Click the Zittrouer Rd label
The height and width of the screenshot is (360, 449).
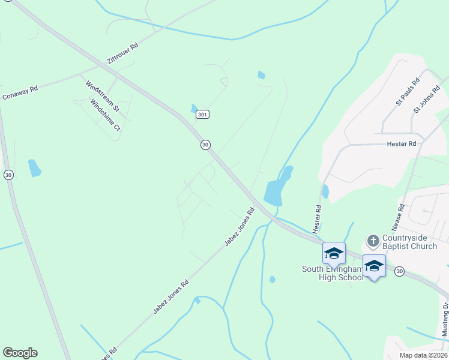coord(122,54)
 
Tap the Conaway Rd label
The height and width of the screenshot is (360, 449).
coord(20,92)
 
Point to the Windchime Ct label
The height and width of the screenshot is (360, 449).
coord(106,116)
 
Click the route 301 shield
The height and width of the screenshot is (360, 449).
coord(203,114)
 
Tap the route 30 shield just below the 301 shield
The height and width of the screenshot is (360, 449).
coord(205,145)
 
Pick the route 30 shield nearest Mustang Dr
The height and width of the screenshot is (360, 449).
coord(399,272)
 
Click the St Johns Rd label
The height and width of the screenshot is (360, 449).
coord(427,100)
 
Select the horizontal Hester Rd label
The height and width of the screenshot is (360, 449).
coord(402,144)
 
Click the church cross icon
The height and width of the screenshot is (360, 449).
coord(373,241)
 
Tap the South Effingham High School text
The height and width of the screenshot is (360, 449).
coord(333,273)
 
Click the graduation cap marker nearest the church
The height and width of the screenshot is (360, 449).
coord(374,266)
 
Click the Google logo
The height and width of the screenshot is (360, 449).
coord(20,353)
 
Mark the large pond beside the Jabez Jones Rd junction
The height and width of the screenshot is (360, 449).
coord(277,188)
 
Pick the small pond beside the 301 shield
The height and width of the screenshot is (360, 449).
coord(194,109)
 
